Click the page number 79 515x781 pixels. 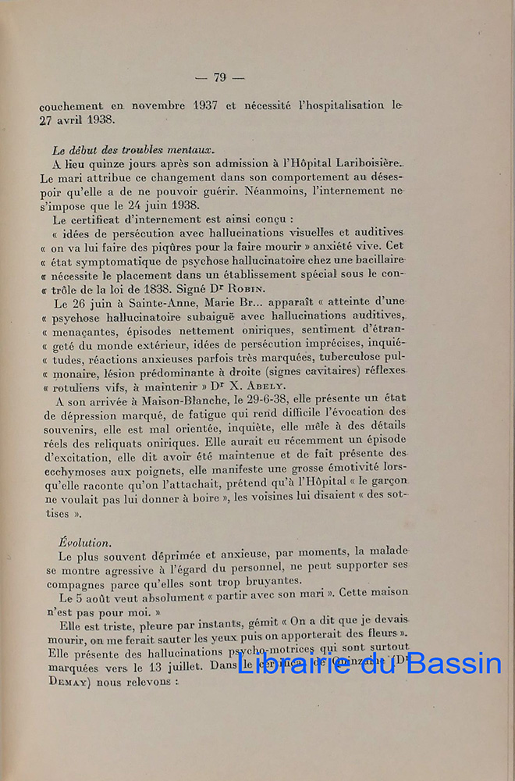coord(219,77)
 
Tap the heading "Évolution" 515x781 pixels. coord(84,540)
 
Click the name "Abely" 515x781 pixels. coord(268,385)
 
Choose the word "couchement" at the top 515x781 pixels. coord(71,105)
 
